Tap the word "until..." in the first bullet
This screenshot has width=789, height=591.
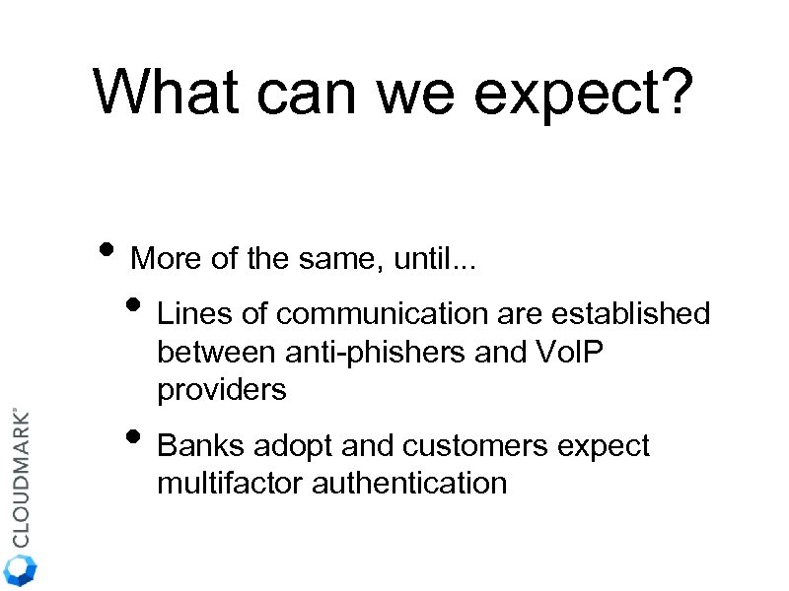pos(437,260)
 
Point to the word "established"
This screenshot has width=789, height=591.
pos(630,314)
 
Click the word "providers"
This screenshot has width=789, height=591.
pos(222,390)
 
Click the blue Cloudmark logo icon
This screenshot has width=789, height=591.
pos(21,569)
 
